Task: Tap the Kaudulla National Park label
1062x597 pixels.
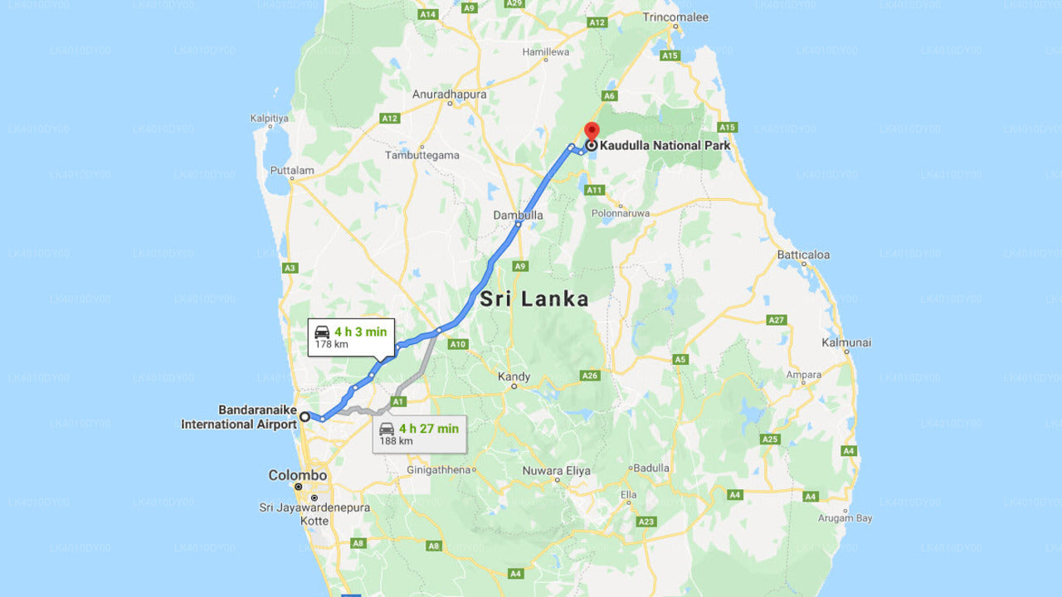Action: point(665,146)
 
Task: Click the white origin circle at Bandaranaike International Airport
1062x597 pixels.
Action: point(305,416)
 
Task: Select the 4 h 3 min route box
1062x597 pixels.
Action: point(351,337)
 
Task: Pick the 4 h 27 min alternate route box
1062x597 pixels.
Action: point(419,434)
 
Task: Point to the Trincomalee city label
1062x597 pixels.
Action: point(675,17)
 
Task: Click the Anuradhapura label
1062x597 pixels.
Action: point(449,95)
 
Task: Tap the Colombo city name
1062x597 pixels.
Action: point(297,476)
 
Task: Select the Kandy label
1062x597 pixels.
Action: point(514,376)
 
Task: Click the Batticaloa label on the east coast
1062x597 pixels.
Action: point(803,255)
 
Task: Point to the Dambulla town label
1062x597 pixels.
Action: point(519,215)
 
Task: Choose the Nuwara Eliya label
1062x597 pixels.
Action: point(556,471)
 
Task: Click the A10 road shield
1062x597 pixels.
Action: point(457,343)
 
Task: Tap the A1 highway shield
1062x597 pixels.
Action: point(398,401)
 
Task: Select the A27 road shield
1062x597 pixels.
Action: point(777,319)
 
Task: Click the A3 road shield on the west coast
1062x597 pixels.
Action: point(290,268)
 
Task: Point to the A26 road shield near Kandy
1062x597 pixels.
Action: point(590,376)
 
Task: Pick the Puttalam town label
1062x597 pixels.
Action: point(292,171)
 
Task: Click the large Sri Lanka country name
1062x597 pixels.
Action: point(534,299)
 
